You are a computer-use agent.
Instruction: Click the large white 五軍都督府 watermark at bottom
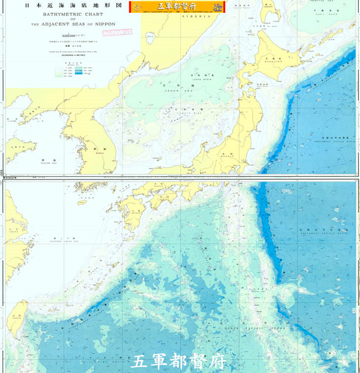coord(179,362)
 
